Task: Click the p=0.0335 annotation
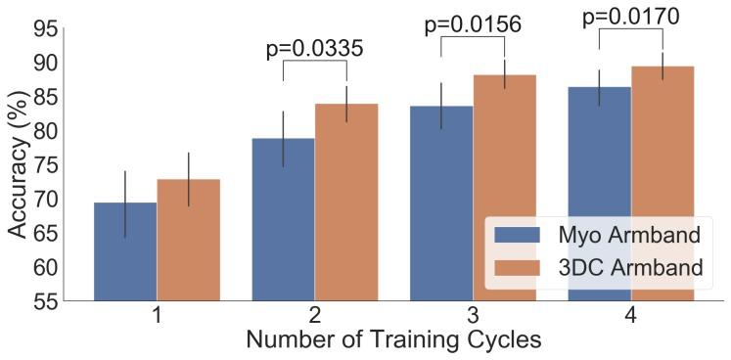(x=314, y=50)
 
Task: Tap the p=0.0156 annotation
(x=472, y=24)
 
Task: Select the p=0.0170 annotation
(x=630, y=17)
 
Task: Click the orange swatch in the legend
(x=518, y=267)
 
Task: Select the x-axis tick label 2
(x=314, y=317)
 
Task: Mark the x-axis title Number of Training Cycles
(x=392, y=341)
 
